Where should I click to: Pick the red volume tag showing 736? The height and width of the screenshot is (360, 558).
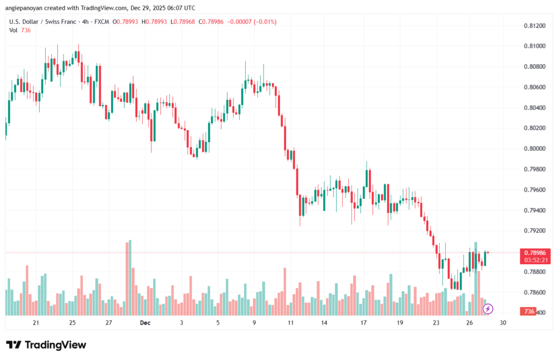pos(527,312)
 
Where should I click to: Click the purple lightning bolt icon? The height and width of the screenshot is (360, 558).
pos(488,309)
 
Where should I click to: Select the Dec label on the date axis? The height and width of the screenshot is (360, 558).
pos(145,323)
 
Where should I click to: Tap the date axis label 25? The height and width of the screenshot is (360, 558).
pos(72,323)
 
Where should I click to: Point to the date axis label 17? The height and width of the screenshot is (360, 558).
pos(363,323)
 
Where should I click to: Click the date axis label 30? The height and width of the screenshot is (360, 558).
pos(503,323)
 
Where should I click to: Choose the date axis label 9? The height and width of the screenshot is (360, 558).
pos(254,323)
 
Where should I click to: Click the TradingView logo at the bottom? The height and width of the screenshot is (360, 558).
pos(46,345)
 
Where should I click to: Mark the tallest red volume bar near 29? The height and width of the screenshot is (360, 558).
pos(128,278)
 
